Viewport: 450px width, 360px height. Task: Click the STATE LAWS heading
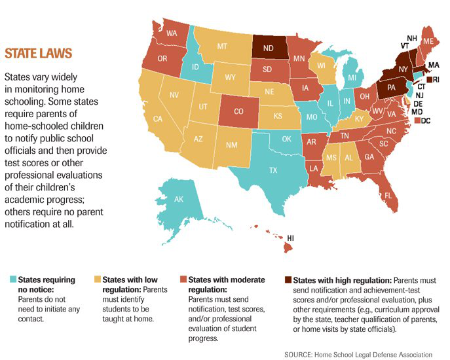[x=39, y=52]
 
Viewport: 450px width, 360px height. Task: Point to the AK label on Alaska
[x=179, y=200]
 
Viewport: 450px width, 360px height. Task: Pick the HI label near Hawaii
[x=291, y=238]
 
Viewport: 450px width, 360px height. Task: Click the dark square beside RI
[x=429, y=80]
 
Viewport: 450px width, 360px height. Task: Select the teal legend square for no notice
[x=12, y=279]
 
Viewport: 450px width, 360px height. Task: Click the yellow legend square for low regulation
[x=99, y=279]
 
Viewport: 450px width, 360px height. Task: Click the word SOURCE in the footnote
[x=299, y=354]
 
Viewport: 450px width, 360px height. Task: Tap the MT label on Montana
[x=221, y=46]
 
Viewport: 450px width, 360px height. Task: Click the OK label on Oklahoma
[x=286, y=139]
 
